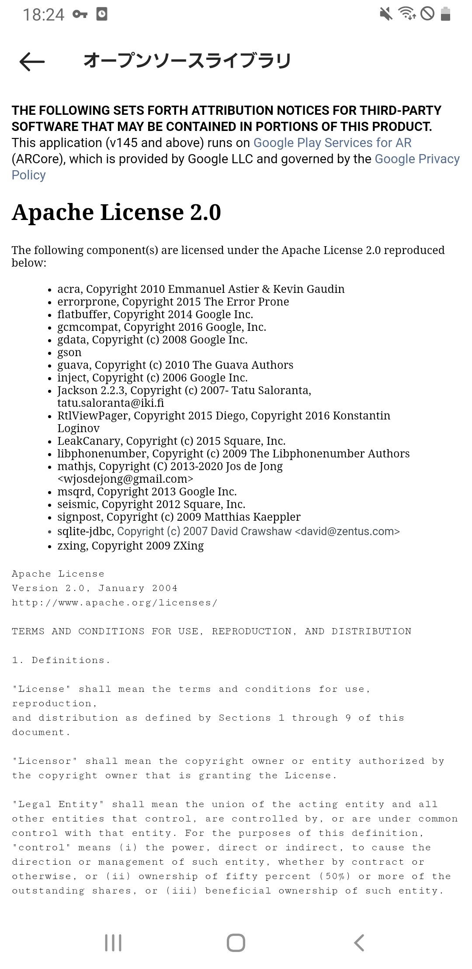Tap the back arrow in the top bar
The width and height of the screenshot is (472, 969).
click(x=32, y=62)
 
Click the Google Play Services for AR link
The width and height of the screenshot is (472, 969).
click(x=332, y=143)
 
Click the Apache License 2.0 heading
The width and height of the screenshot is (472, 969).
click(x=116, y=212)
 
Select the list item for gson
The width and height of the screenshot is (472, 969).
click(x=69, y=352)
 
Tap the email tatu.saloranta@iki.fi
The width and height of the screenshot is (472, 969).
click(x=111, y=403)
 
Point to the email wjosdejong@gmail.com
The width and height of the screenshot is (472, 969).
click(x=125, y=479)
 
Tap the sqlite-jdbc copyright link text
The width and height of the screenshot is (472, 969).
click(x=258, y=531)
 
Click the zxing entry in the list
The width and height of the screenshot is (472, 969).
click(x=130, y=546)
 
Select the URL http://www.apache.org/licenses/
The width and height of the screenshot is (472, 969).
click(x=115, y=603)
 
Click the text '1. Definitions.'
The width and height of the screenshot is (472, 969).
click(x=61, y=660)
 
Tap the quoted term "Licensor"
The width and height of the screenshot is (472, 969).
click(x=45, y=761)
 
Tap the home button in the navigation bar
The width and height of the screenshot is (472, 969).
click(x=236, y=942)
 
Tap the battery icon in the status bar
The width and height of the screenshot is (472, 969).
click(x=445, y=14)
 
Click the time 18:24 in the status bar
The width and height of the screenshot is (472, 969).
click(x=43, y=15)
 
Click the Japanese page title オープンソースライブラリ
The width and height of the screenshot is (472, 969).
click(x=187, y=61)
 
